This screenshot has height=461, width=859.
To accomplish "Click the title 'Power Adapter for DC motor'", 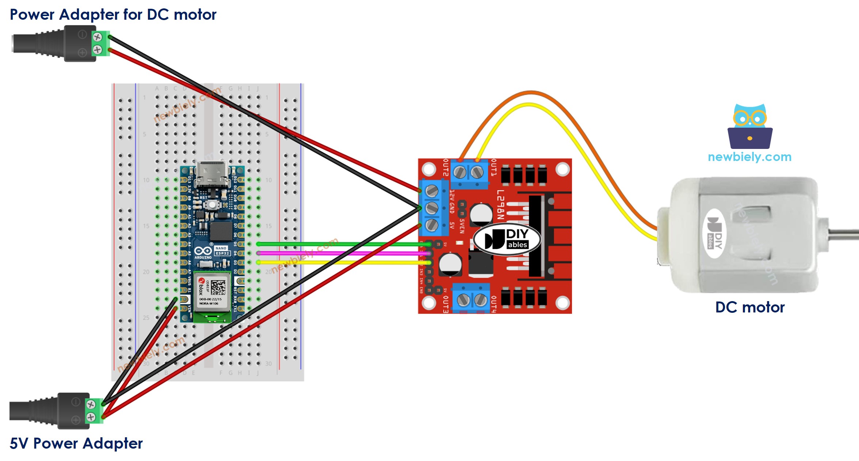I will [113, 15].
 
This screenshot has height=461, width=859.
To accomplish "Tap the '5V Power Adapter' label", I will [76, 443].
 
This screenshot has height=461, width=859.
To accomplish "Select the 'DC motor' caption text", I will [750, 307].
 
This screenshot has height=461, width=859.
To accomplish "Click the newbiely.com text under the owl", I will [749, 157].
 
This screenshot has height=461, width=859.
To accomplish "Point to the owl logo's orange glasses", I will [750, 118].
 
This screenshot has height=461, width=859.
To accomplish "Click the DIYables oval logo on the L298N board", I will [507, 239].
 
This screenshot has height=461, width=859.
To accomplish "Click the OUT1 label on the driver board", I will [493, 168].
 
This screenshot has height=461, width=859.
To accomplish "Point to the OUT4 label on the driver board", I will [493, 304].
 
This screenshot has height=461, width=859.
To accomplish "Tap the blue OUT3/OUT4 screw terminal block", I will [471, 299].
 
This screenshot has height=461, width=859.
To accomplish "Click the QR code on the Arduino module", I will [218, 288].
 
